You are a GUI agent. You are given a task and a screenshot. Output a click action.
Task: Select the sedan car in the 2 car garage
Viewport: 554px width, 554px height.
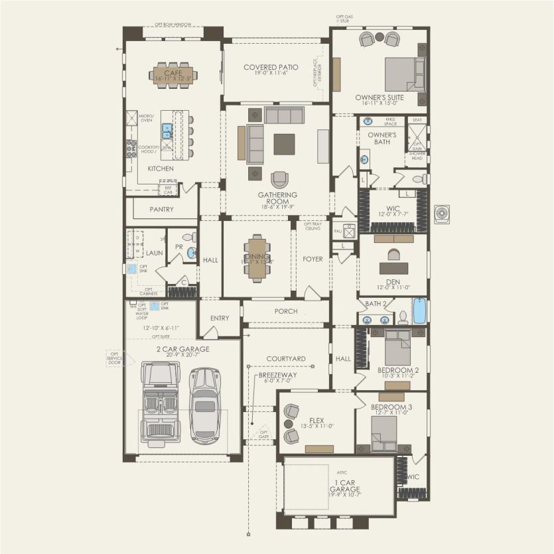tap(204, 405)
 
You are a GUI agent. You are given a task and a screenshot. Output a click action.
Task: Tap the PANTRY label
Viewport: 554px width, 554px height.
tap(161, 210)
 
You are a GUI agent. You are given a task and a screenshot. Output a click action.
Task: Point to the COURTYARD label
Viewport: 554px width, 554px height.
tap(286, 359)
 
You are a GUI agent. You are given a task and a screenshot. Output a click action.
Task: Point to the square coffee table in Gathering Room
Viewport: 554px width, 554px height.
tap(284, 144)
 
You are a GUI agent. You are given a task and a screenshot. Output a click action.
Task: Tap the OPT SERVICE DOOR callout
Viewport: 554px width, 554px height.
tap(115, 358)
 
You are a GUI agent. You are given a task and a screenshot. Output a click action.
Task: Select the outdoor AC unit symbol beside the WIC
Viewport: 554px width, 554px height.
tap(443, 214)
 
